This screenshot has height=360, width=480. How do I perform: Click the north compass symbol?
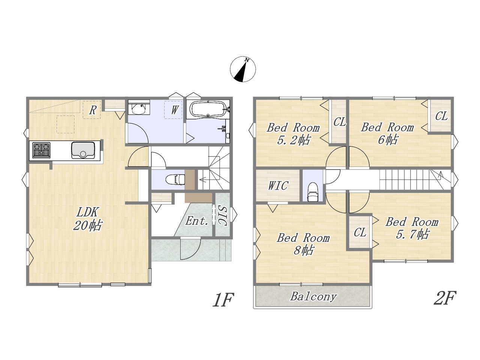243,69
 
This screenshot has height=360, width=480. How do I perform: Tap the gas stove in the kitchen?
41,150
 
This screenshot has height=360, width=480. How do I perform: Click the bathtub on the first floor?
208,109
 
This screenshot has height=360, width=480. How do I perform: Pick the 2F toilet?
312,192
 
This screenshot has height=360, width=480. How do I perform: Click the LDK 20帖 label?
87,219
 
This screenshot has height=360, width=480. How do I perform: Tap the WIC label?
278,186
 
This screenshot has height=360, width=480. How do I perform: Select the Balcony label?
313,297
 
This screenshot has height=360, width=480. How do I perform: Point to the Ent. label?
196,221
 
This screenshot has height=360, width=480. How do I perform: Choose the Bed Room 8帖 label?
303,244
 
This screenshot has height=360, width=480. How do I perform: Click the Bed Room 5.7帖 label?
412,228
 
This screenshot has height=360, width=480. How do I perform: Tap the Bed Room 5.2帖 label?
293,134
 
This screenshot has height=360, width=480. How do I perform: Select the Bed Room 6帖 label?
387,133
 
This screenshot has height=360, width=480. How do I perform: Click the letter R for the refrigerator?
93,110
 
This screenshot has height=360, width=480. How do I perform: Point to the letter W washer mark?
174,110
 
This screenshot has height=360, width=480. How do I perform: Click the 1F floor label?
223,300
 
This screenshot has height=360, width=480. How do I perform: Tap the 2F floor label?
445,298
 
